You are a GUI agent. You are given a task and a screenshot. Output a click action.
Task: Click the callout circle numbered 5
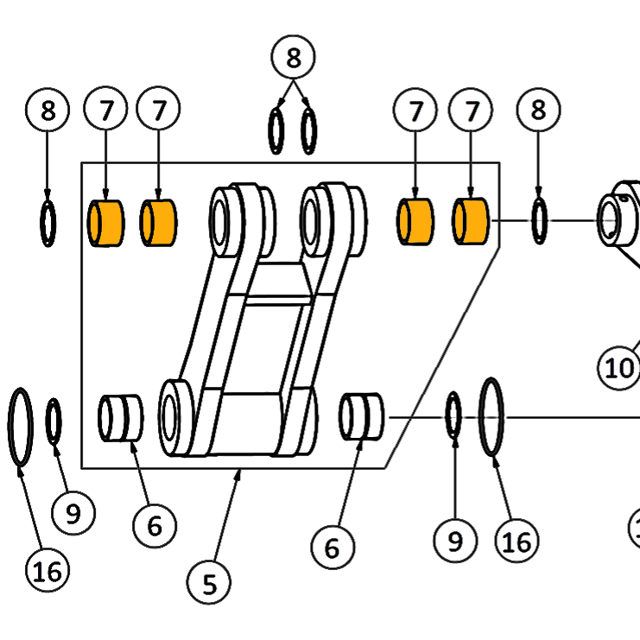click(x=209, y=583)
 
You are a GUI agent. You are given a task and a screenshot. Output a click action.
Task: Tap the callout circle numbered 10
click(x=618, y=367)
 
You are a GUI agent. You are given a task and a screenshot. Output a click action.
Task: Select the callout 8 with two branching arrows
click(x=293, y=57)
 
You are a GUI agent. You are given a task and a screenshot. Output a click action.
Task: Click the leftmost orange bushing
click(x=106, y=223)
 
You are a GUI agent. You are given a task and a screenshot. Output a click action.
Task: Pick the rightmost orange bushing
click(x=471, y=221)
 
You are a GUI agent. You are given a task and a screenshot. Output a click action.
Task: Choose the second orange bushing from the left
click(x=158, y=223)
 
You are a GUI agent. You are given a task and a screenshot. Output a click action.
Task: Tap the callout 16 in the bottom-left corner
click(x=48, y=570)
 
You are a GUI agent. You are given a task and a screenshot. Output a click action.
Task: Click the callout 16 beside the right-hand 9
click(x=517, y=542)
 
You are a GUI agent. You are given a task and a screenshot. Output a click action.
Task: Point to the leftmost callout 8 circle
click(x=48, y=110)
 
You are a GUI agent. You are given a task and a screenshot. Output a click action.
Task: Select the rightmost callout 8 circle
click(x=538, y=110)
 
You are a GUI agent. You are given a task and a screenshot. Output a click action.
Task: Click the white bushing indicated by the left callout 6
click(x=121, y=418)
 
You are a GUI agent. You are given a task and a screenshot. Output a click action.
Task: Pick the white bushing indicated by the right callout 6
click(x=362, y=417)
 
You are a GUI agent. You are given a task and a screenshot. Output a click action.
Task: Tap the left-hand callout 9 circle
click(x=73, y=513)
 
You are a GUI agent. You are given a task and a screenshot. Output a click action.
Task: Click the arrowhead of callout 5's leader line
click(x=240, y=472)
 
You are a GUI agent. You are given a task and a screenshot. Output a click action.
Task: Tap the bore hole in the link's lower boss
click(x=169, y=417)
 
